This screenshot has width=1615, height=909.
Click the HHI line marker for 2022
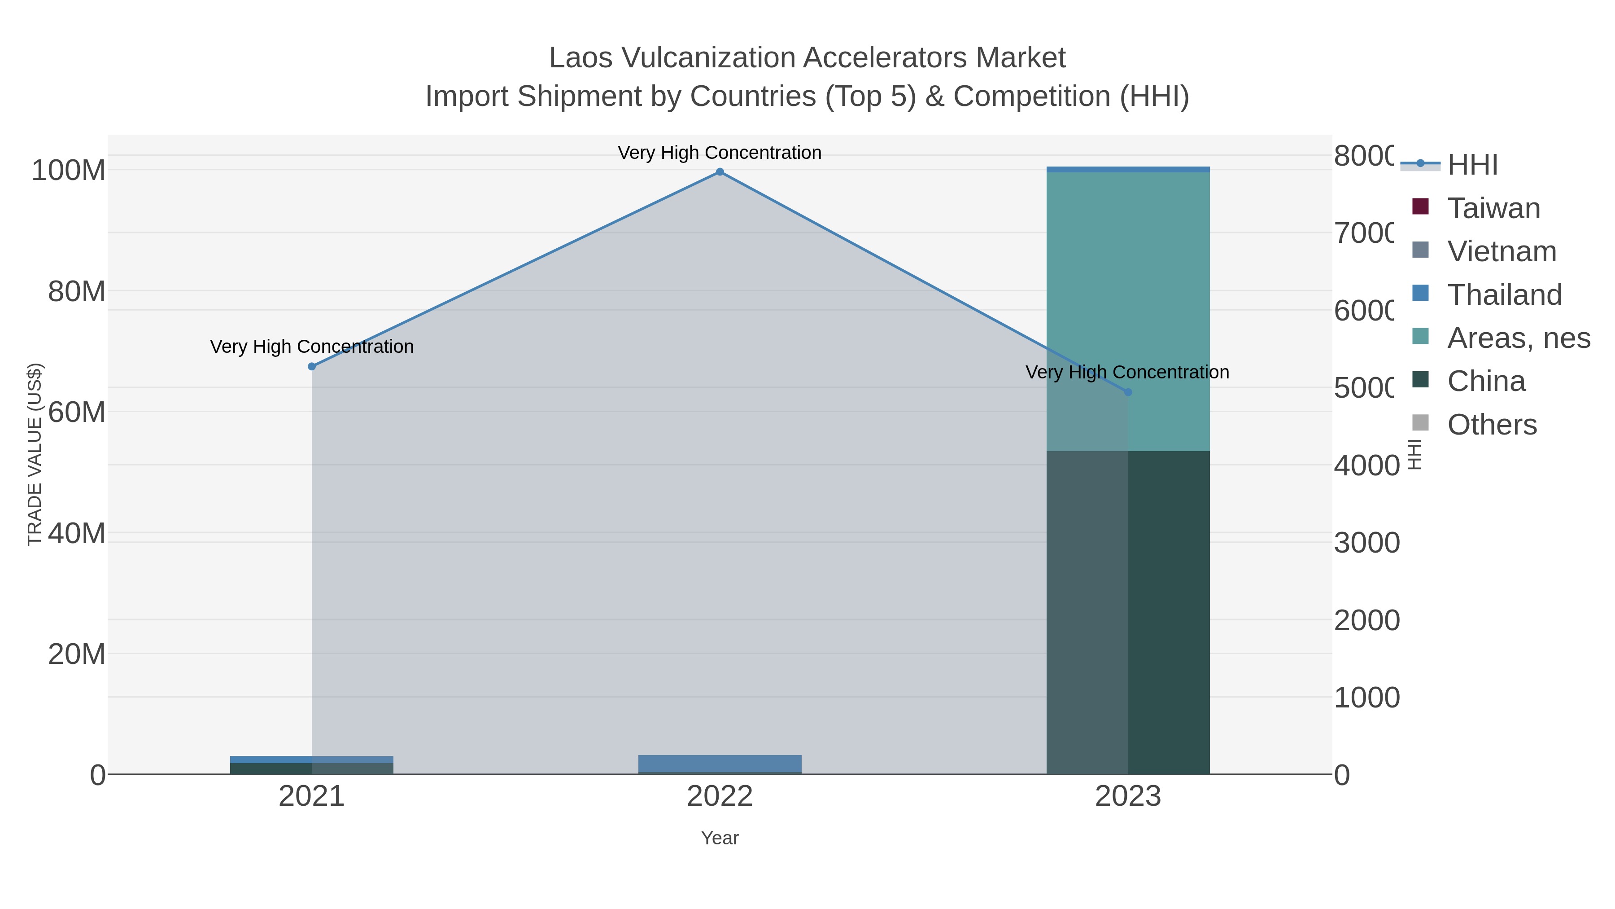point(720,172)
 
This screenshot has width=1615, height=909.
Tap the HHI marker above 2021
point(312,366)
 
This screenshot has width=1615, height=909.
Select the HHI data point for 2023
point(1128,392)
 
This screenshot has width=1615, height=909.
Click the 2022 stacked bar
point(720,764)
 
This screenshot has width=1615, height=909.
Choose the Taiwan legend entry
point(1493,208)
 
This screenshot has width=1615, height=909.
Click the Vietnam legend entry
point(1502,251)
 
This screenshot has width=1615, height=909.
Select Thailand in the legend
point(1504,295)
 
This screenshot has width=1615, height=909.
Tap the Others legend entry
point(1492,425)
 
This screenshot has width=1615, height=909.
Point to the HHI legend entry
point(1472,165)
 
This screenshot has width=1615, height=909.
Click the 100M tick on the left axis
point(69,171)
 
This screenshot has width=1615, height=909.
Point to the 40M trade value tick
point(76,533)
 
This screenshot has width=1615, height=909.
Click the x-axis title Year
point(720,838)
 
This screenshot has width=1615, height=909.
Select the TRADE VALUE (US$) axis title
point(35,454)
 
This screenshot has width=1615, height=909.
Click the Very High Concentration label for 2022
point(720,153)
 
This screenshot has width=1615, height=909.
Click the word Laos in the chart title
point(581,58)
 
